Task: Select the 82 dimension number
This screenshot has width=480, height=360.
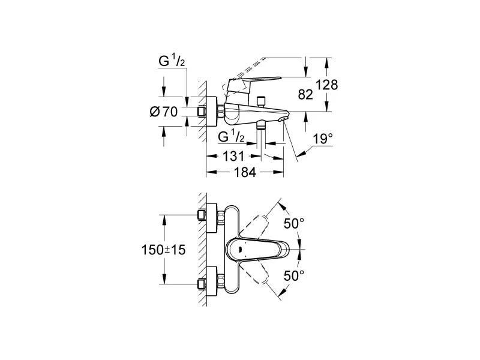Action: pyautogui.click(x=306, y=94)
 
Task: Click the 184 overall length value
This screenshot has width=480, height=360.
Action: pyautogui.click(x=244, y=172)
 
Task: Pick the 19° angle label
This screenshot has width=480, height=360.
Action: pyautogui.click(x=322, y=139)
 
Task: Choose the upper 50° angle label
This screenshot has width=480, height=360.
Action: pyautogui.click(x=294, y=223)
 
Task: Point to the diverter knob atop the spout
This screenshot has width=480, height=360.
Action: pyautogui.click(x=261, y=100)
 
